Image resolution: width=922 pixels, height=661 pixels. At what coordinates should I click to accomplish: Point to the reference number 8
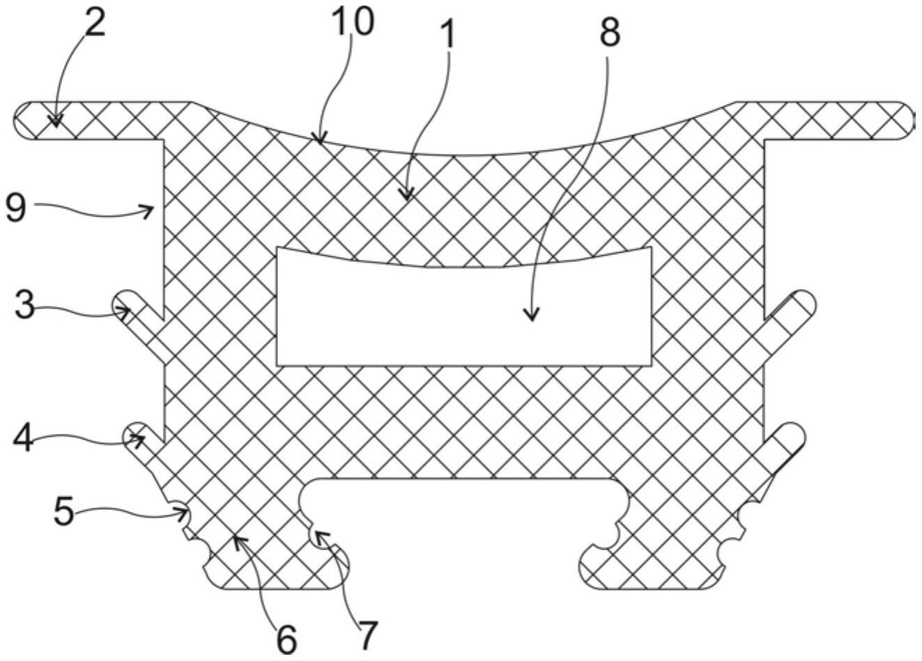[x=610, y=32]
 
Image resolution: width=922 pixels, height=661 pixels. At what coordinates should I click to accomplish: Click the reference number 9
[x=15, y=208]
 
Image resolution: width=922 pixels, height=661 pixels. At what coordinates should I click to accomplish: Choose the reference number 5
[x=64, y=511]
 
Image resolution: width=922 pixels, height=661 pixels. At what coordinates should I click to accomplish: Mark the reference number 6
[x=287, y=639]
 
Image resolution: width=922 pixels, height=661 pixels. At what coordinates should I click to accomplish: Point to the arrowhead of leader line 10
[x=320, y=138]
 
